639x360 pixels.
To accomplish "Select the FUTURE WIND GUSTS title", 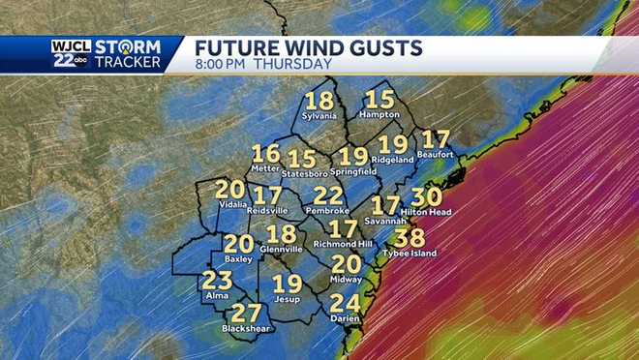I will (x=308, y=46).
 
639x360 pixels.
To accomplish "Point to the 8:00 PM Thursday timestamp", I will (x=263, y=64).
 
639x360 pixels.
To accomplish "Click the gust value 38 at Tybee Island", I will (x=411, y=238).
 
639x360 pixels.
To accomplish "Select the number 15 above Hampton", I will (x=380, y=100).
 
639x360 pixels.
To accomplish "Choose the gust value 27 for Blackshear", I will (x=246, y=313).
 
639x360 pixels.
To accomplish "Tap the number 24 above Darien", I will (x=345, y=304).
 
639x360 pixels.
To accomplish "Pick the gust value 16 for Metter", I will (x=265, y=154).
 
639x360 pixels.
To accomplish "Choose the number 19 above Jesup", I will (x=287, y=285).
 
